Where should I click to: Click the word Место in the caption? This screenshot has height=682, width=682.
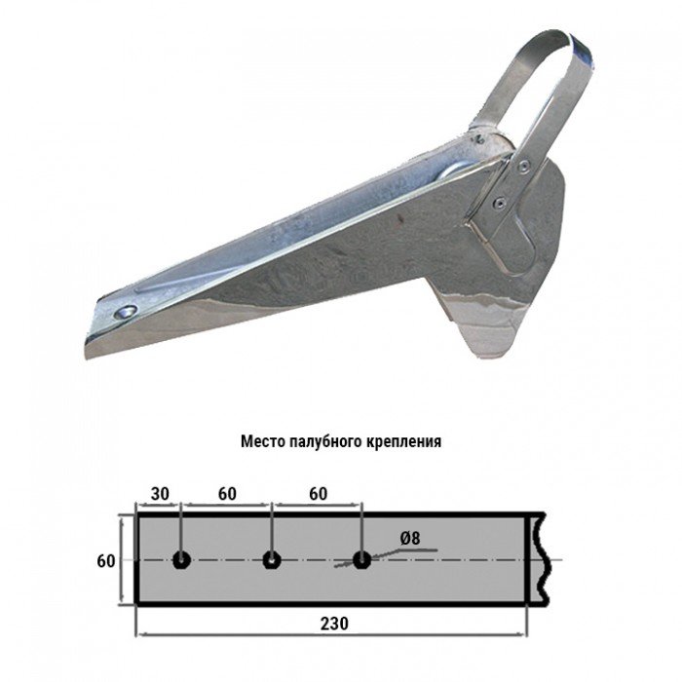262,440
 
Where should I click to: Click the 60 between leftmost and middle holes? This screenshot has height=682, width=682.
227,493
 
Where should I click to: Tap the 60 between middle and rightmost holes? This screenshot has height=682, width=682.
318,493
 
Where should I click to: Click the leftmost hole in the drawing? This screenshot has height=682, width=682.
181,560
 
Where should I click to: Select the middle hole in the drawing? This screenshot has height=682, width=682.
272,560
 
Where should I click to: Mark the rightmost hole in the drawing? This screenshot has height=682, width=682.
361,560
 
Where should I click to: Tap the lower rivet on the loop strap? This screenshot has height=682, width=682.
500,203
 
